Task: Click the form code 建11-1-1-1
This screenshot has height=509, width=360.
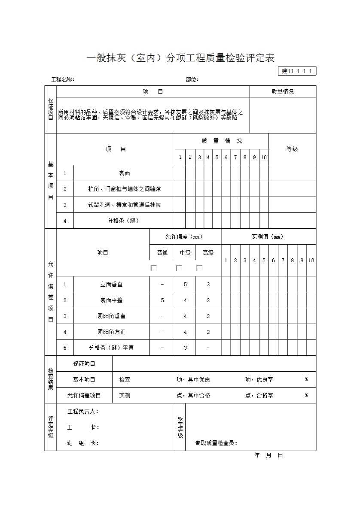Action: tap(297, 71)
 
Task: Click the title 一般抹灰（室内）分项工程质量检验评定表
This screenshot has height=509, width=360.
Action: tap(180, 58)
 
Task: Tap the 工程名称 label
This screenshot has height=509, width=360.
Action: tap(63, 79)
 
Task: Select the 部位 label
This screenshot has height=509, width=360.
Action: tap(192, 79)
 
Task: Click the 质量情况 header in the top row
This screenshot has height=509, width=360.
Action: tap(283, 91)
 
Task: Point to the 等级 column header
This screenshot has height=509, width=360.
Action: tap(292, 149)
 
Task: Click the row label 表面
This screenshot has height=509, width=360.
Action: tap(124, 173)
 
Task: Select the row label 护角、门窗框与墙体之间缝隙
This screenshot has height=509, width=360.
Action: tap(124, 189)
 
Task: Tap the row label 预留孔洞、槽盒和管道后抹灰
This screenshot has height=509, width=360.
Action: tap(124, 205)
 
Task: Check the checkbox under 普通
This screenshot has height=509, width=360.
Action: tap(154, 268)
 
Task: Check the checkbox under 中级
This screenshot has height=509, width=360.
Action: tap(179, 268)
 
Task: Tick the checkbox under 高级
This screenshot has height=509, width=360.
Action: tap(199, 268)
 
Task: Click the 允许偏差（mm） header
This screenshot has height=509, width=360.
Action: tap(185, 236)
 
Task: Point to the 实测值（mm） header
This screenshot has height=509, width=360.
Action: tap(268, 236)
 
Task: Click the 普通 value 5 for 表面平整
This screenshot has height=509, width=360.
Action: tap(162, 300)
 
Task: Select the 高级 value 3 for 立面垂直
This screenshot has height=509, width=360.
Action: tap(208, 285)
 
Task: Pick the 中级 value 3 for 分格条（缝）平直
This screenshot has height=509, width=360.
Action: tap(185, 348)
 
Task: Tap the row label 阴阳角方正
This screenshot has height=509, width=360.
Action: tap(111, 332)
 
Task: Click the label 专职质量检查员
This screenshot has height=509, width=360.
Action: tap(216, 443)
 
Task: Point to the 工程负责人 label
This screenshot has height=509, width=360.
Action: tap(83, 411)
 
